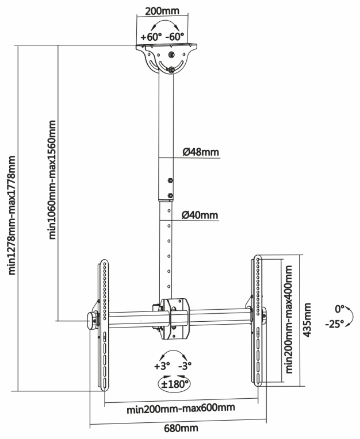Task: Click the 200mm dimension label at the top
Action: click(162, 11)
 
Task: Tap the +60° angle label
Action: click(151, 37)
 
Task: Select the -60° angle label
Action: click(175, 37)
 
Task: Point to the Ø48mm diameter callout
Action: click(201, 152)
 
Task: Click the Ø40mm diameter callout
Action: click(200, 215)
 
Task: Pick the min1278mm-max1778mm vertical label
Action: click(12, 215)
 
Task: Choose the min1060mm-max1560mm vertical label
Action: click(52, 180)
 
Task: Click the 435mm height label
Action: click(307, 319)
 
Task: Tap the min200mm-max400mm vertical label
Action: click(289, 319)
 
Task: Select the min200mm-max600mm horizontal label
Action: click(181, 409)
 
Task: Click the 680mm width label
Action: click(181, 428)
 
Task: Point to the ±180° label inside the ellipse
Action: click(174, 384)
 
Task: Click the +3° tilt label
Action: click(162, 366)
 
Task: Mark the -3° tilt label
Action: click(185, 366)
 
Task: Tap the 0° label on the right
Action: click(339, 309)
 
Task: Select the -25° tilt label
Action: click(335, 324)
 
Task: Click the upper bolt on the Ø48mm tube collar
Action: click(170, 180)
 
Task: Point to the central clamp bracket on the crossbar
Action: click(175, 318)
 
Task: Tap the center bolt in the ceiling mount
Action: click(172, 54)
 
